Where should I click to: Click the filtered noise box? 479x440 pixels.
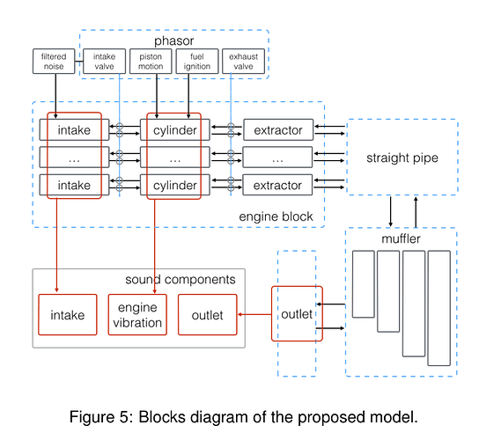point(54,61)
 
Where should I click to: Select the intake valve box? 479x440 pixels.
point(104,61)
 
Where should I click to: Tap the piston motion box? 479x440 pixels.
point(151,61)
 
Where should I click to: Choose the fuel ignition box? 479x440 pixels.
point(197,61)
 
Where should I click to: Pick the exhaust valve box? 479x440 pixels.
point(244,61)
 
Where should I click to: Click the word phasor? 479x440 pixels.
point(173,40)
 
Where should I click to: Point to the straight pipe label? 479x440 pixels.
point(402,158)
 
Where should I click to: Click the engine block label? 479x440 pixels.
point(276,216)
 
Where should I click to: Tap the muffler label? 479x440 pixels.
point(401,238)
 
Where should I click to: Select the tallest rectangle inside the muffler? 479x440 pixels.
point(439,308)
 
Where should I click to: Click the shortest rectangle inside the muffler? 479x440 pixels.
point(364,284)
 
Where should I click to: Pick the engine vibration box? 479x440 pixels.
point(137,314)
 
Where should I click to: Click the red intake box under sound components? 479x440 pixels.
point(68,314)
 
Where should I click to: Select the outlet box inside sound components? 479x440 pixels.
point(208,314)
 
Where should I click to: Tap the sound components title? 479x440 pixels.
point(181,279)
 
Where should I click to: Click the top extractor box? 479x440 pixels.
point(278,129)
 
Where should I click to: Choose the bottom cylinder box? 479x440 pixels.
point(175,185)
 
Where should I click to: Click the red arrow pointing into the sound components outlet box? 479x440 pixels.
point(254,314)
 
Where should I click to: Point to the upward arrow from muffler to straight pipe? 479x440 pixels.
point(416,212)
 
